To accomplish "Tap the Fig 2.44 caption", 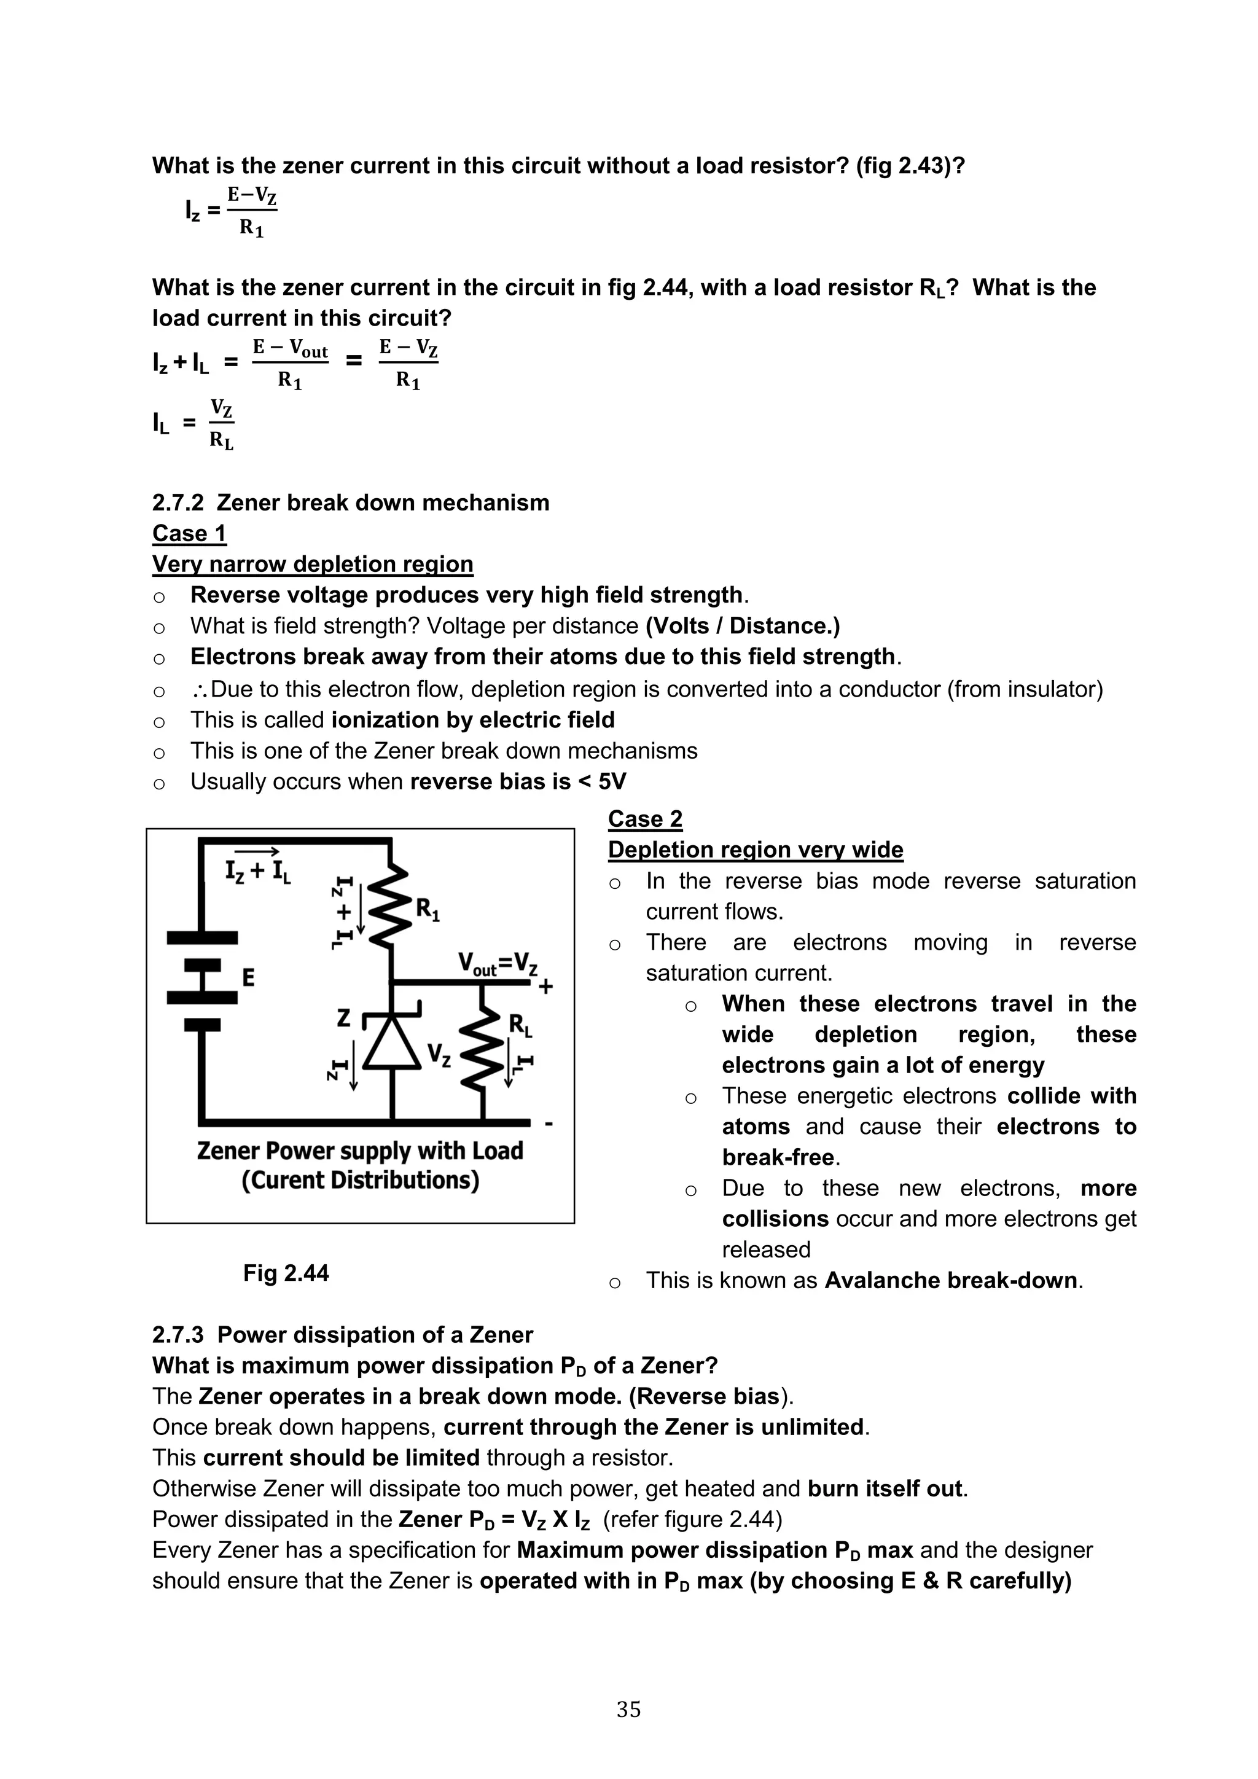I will (x=286, y=1272).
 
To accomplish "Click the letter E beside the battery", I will (x=248, y=978).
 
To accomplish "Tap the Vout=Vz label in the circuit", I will (x=498, y=964).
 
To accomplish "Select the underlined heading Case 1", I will (x=189, y=533).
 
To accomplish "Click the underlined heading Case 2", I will (x=644, y=818).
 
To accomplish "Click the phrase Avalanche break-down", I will (x=950, y=1280).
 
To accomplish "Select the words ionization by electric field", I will (x=472, y=720).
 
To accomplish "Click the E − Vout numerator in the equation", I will (x=291, y=349).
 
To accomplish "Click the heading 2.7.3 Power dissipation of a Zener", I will (x=342, y=1335).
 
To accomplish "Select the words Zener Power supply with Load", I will (x=360, y=1151).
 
